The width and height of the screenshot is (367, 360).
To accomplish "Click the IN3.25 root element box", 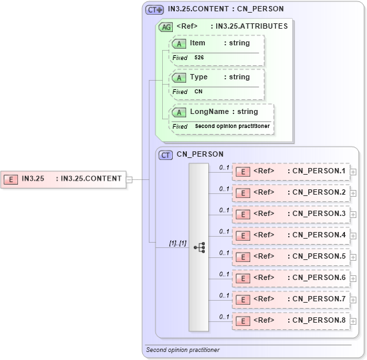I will click(63, 179).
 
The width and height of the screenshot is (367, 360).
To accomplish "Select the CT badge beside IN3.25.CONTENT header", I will click(154, 9).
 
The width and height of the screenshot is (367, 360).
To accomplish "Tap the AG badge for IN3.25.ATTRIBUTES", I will click(165, 27).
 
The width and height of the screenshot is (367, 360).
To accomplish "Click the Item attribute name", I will click(198, 43).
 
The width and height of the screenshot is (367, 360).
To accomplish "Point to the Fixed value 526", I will click(200, 58).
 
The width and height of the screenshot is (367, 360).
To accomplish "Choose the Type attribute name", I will click(199, 77).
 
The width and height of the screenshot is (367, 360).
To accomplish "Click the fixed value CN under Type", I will click(198, 92).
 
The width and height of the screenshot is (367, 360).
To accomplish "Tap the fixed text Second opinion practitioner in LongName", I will click(232, 127).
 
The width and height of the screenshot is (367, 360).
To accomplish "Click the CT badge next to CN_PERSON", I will click(166, 155).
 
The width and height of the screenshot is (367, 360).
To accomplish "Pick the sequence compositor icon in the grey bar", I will click(199, 247).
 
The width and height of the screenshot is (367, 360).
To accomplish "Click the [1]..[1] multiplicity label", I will click(177, 244).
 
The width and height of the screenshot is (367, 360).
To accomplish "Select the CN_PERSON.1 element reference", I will click(291, 171).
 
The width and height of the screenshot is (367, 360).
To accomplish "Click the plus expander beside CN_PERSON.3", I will click(354, 215).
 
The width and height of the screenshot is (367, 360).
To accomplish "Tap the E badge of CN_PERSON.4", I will click(244, 236).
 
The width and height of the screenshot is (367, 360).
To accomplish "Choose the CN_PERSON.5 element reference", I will click(291, 257).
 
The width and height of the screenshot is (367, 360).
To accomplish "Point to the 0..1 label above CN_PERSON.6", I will click(224, 274).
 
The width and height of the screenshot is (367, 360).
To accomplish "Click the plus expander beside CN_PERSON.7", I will click(354, 300).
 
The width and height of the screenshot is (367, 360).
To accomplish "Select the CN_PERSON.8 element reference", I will click(291, 321).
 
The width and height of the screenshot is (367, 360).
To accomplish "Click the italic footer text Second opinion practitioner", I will click(182, 350).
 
